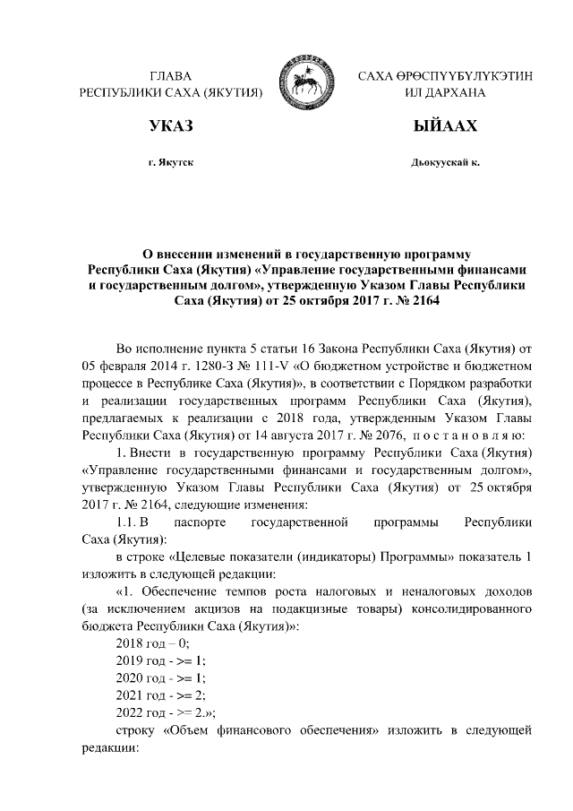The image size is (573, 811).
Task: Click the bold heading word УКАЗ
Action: [x=171, y=128]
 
